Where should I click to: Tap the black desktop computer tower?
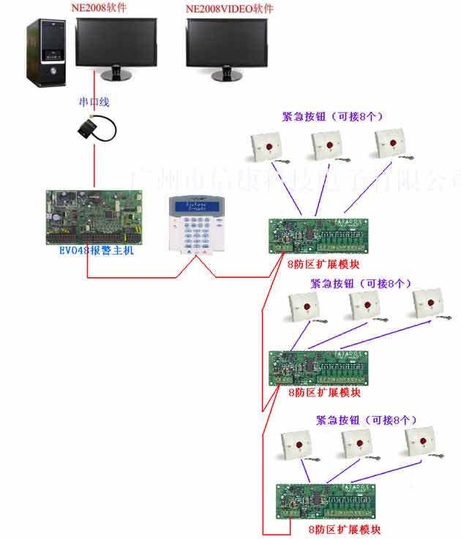49,52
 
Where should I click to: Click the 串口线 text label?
94,102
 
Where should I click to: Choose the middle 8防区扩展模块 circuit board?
318,368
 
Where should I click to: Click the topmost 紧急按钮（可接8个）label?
333,116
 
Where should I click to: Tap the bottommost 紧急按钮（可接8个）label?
366,421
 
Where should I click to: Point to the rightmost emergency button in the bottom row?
419,442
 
